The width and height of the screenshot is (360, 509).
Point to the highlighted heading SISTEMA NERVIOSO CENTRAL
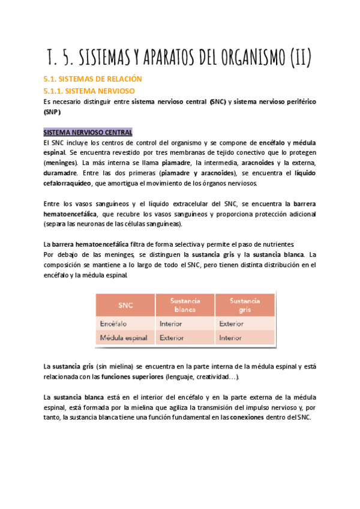pyautogui.click(x=88, y=132)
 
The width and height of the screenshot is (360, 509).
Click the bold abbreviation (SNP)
pyautogui.click(x=52, y=112)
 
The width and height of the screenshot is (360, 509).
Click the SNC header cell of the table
pyautogui.click(x=126, y=305)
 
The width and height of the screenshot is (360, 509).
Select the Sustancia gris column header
pyautogui.click(x=245, y=305)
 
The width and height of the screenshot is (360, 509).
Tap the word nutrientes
pyautogui.click(x=276, y=244)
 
